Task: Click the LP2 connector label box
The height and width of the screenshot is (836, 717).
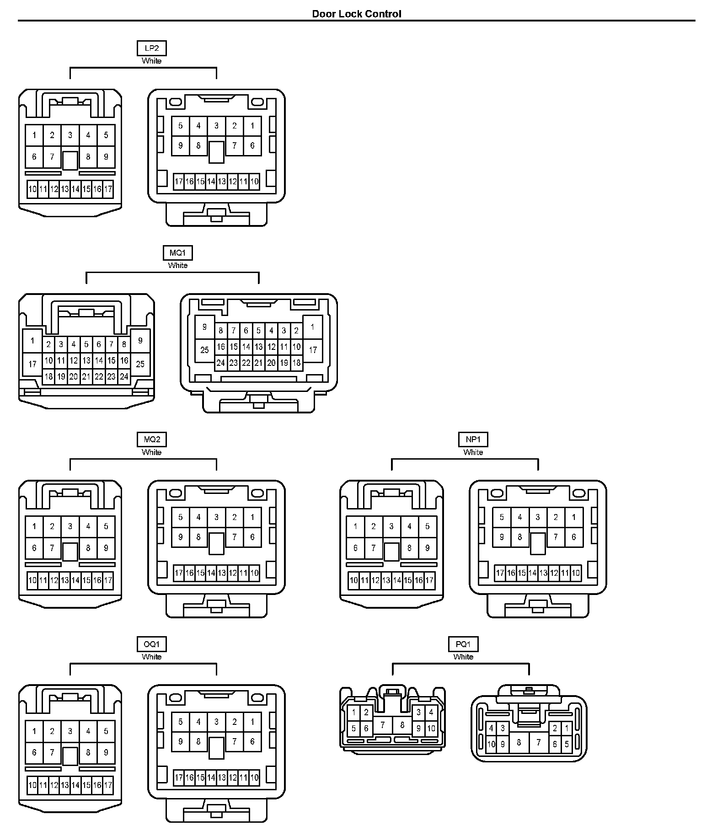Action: coord(152,48)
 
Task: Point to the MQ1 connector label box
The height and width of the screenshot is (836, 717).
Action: coord(178,253)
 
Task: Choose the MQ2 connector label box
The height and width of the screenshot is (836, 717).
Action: coord(152,439)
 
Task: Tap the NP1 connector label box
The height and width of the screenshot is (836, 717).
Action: coord(473,439)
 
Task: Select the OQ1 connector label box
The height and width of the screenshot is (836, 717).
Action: coord(152,644)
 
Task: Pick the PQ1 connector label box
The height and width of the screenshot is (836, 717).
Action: coord(463,644)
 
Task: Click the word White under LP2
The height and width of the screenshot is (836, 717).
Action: coord(152,61)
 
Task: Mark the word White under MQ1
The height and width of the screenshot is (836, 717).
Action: coord(178,265)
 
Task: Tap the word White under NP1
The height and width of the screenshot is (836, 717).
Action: coord(473,452)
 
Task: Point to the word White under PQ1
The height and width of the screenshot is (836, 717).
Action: coord(463,657)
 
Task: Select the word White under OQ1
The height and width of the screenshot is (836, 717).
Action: coord(152,657)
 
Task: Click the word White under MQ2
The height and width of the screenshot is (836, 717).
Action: coord(152,452)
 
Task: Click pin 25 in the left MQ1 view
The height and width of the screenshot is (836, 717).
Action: coord(140,364)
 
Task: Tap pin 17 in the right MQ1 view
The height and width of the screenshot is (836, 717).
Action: coord(313,350)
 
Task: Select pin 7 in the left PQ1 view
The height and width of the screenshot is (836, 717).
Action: coord(383,724)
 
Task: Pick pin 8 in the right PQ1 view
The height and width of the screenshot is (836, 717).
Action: coord(519,742)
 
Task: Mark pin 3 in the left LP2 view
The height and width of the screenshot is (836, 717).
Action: coord(70,135)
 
